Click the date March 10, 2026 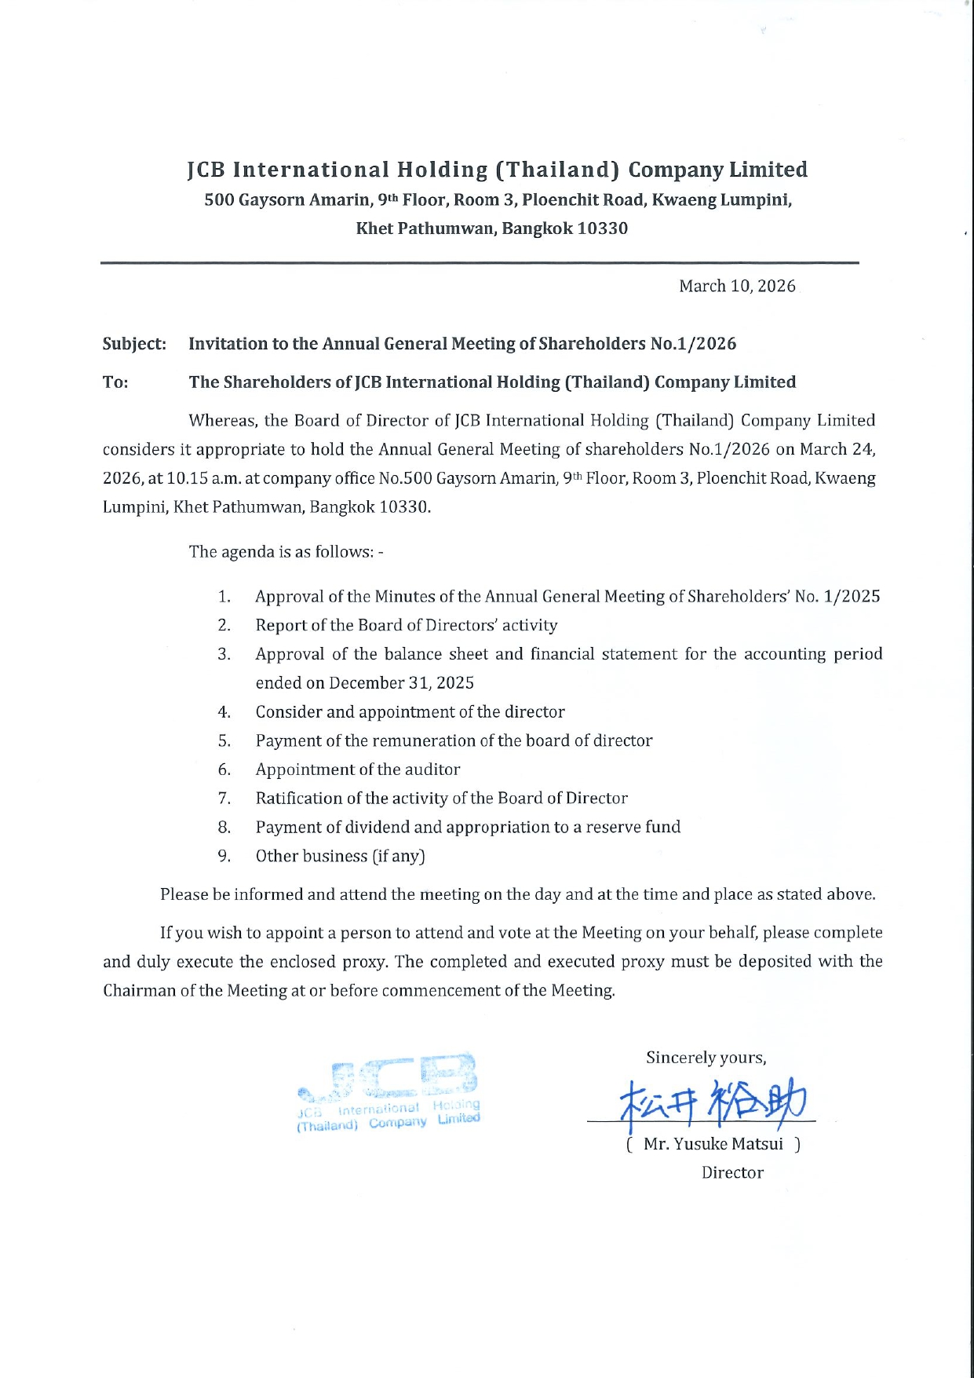coord(737,286)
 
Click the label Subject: coord(134,344)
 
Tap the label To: coord(115,382)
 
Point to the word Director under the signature coord(732,1172)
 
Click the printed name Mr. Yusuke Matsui coord(713,1144)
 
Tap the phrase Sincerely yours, coord(706,1058)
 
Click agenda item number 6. coord(224,769)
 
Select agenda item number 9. coord(224,856)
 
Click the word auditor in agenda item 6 coord(432,769)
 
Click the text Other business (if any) coord(340,856)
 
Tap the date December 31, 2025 coord(401,683)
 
